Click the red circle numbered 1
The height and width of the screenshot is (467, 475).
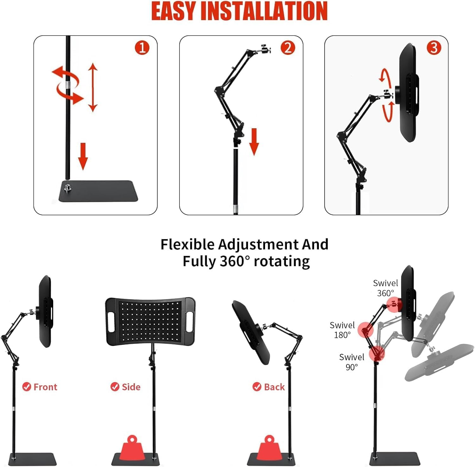click(142, 48)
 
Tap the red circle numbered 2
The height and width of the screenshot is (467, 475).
click(288, 48)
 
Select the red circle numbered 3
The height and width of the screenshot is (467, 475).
click(434, 48)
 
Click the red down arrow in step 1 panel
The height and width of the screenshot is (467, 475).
click(83, 156)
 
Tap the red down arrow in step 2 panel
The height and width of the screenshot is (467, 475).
click(254, 142)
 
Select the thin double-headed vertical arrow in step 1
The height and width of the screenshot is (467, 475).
click(92, 87)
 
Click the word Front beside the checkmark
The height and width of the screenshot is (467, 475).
click(45, 387)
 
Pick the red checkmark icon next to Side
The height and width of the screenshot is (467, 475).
click(115, 387)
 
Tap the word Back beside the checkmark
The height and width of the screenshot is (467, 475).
click(274, 387)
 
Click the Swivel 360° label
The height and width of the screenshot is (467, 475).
click(385, 288)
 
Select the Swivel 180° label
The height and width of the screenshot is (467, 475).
click(342, 330)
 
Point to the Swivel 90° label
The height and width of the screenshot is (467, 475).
click(351, 362)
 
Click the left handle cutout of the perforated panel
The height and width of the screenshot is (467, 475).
click(111, 322)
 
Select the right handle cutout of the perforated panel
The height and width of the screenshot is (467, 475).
click(190, 322)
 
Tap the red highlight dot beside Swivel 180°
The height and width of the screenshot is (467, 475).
click(365, 330)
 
